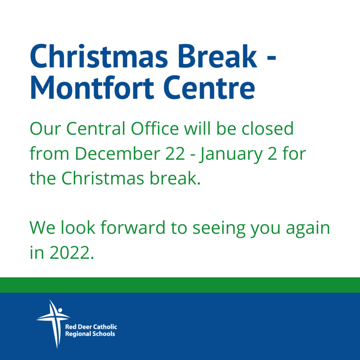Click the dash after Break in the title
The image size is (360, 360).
click(x=271, y=59)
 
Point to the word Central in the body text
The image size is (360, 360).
click(x=96, y=128)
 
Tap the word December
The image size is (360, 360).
click(x=117, y=153)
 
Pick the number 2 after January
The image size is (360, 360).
click(x=272, y=153)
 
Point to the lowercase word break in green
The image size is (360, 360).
click(x=175, y=178)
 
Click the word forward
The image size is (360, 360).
click(x=133, y=227)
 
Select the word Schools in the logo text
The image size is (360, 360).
click(x=104, y=334)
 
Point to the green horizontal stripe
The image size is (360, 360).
click(x=180, y=285)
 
